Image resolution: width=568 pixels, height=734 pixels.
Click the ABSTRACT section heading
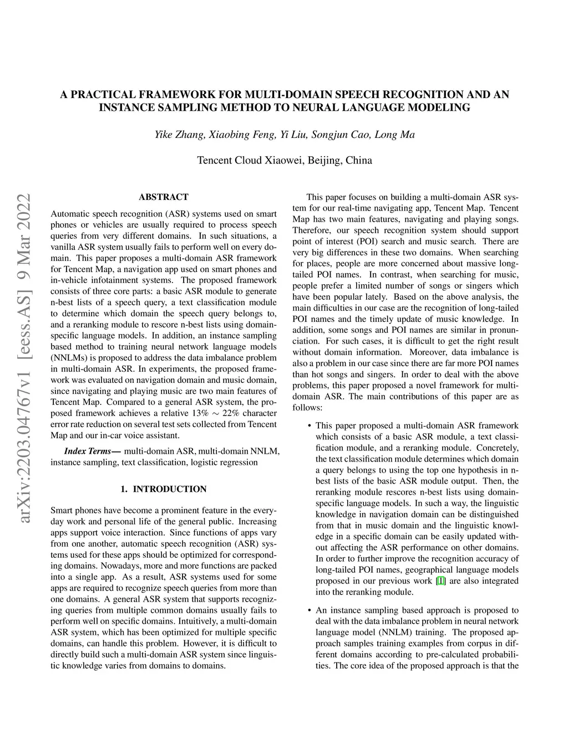point(163,197)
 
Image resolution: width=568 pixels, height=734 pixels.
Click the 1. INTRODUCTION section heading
point(163,489)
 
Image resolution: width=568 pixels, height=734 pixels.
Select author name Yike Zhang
point(174,135)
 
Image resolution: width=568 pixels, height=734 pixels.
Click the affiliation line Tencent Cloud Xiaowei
point(285,161)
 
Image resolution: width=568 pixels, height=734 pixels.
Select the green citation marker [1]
point(440,581)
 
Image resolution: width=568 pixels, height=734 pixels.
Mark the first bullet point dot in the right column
point(308,426)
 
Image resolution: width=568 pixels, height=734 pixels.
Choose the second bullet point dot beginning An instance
point(308,610)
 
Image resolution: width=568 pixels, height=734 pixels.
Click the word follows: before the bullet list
point(307,408)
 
